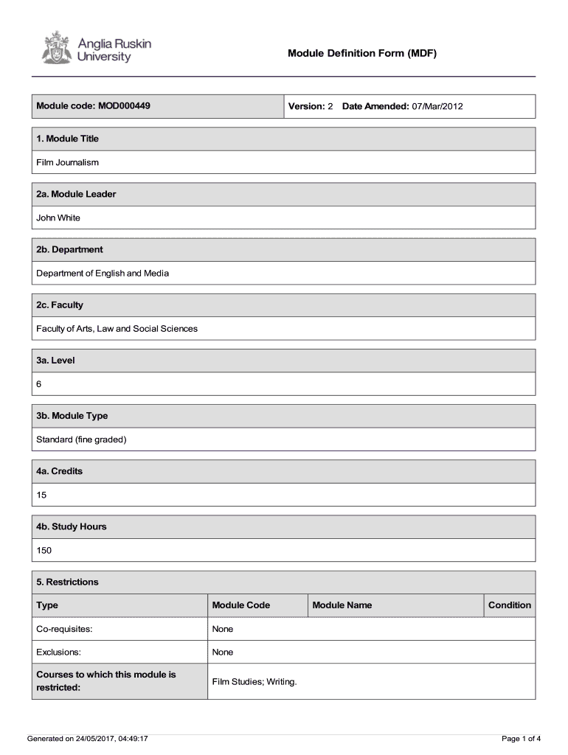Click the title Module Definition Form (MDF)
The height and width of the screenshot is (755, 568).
coord(362,53)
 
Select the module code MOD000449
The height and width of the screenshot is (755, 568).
coord(123,106)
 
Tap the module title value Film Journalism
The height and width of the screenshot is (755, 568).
coord(68,162)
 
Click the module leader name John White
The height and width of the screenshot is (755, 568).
coord(58,218)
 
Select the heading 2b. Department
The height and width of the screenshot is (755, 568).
coord(69,250)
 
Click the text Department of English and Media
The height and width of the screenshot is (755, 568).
coord(103,273)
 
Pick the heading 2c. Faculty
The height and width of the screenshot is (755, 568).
coord(60,305)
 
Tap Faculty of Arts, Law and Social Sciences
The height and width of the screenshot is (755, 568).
coord(117,328)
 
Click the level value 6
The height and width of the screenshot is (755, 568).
coord(39,384)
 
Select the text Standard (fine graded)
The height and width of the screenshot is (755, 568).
coord(82,439)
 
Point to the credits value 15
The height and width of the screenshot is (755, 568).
coord(41,495)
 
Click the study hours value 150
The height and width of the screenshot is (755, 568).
coord(44,550)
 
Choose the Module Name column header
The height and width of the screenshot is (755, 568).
coord(342,605)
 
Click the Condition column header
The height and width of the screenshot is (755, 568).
coord(509,605)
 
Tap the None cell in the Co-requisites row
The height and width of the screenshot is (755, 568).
coord(223,629)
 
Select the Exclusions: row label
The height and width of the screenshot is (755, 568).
coord(58,653)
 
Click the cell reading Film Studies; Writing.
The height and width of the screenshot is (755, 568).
coord(254,681)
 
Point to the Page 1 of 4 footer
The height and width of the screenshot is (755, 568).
coord(521,738)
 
